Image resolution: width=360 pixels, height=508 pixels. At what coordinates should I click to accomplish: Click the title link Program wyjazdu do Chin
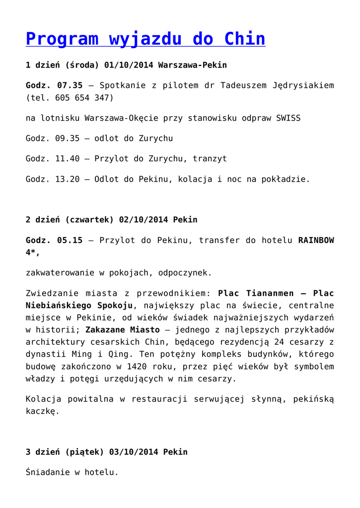coord(145,39)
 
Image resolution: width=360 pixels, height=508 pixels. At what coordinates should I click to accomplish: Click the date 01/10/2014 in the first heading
coord(129,65)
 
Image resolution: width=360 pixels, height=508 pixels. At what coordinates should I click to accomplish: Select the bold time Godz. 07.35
coord(54,85)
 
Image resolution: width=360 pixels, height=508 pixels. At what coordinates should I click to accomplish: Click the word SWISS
coord(288,118)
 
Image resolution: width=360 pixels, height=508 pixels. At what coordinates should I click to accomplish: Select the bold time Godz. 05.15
coord(54,240)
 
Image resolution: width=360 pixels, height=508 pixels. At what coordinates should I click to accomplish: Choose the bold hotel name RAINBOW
coord(316,240)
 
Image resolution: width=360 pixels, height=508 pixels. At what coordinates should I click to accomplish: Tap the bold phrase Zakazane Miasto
coord(123,329)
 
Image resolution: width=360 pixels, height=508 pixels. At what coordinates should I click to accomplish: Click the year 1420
coord(137,366)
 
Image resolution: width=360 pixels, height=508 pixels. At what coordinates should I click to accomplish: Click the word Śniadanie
coord(48,472)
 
